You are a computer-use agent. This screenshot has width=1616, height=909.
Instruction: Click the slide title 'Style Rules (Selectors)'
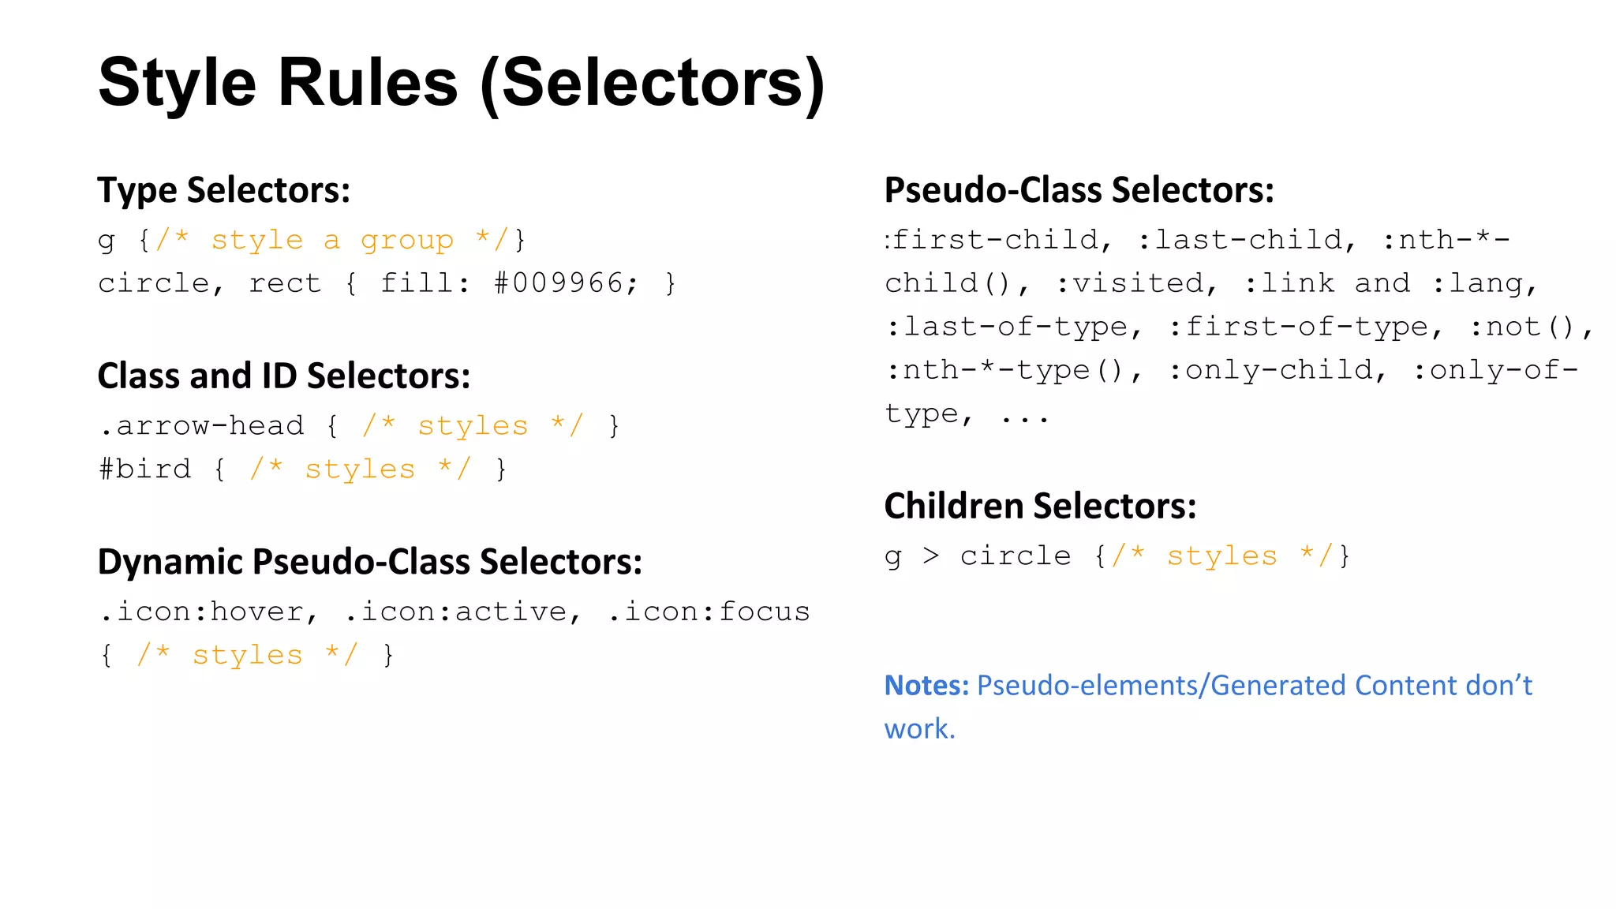(462, 83)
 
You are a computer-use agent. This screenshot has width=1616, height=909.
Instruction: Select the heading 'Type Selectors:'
(224, 190)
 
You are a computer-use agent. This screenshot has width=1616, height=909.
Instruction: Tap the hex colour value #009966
(565, 282)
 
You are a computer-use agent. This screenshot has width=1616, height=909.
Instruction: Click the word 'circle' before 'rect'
(154, 282)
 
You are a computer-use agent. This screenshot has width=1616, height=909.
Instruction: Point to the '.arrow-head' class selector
(202, 426)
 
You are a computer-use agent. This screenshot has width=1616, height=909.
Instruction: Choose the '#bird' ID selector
(145, 469)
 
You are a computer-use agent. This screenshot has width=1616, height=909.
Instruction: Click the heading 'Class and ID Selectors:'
(284, 376)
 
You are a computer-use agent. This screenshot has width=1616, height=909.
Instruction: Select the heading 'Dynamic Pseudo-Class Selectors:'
(370, 562)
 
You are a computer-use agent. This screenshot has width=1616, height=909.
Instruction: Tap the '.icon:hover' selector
(208, 612)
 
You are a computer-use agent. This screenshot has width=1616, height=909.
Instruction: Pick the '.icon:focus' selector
(709, 612)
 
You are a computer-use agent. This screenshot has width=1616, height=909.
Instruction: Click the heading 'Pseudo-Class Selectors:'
(1079, 190)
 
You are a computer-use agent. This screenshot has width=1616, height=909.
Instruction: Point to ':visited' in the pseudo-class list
(1135, 283)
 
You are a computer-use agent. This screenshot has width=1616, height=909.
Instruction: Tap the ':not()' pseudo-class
(1528, 327)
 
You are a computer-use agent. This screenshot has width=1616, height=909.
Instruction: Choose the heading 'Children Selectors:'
(1040, 506)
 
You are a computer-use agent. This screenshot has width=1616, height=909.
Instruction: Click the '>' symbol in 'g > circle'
(931, 556)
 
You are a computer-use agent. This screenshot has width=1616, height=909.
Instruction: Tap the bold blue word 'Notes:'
(926, 686)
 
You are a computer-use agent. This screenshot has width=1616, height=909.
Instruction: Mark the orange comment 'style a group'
(332, 240)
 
